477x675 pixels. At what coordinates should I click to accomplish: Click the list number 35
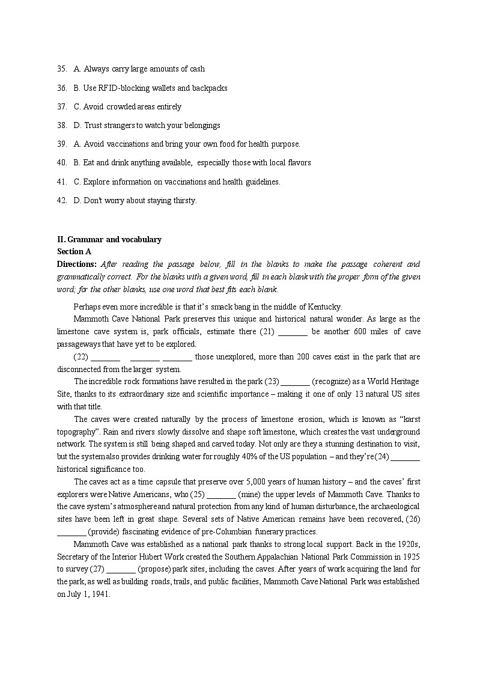click(61, 69)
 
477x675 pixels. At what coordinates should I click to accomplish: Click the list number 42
click(61, 200)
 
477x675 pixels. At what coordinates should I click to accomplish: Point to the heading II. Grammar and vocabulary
click(109, 239)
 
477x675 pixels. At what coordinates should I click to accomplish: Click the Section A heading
click(74, 251)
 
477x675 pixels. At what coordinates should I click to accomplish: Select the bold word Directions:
click(77, 264)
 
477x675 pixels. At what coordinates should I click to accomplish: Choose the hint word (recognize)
click(335, 382)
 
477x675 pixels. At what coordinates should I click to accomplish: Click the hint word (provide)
click(109, 531)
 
